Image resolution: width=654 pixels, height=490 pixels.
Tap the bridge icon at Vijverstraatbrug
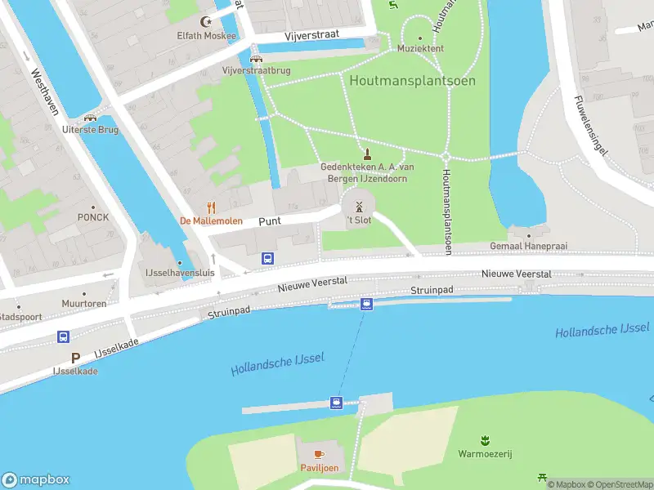pos(256,58)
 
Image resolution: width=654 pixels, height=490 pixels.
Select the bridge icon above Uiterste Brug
pos(90,116)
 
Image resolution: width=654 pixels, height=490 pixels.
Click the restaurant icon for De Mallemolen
pos(211,207)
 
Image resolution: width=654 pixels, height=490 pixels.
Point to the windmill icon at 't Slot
pos(358,207)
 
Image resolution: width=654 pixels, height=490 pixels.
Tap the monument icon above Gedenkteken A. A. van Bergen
pos(367,154)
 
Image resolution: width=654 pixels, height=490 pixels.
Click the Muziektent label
pos(420,48)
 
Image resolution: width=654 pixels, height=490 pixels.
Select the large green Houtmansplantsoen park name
pos(412,81)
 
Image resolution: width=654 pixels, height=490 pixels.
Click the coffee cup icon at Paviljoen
pos(319,454)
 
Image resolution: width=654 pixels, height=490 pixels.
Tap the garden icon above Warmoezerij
pos(485,440)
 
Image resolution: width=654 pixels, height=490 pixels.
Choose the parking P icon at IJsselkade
pos(76,358)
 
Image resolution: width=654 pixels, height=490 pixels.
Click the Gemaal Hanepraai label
pos(528,246)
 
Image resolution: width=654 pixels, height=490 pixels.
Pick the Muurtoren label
pos(84,303)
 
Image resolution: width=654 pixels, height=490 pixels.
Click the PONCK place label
pos(92,217)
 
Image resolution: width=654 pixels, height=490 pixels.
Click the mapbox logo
pos(36,480)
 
